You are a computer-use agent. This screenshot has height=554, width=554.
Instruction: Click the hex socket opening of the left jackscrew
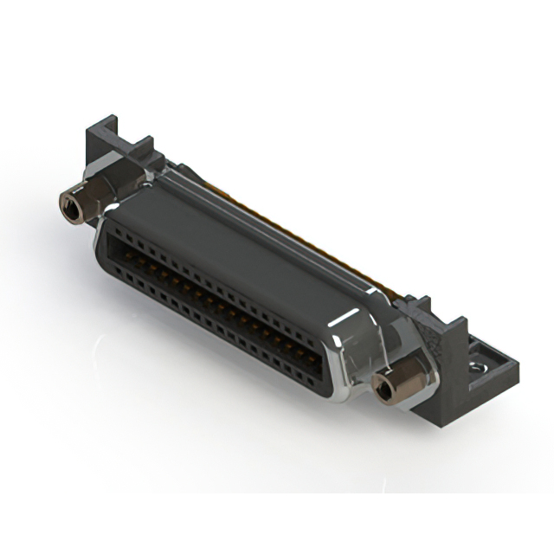click(67, 205)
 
